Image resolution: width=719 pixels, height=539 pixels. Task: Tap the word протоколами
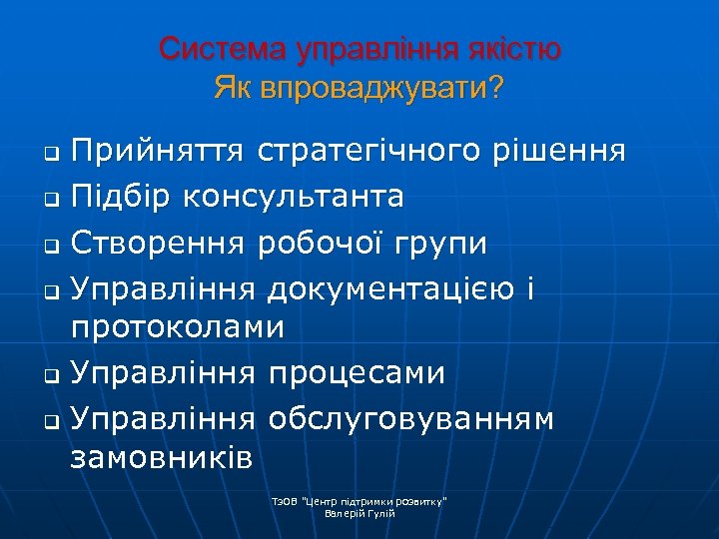coord(177,326)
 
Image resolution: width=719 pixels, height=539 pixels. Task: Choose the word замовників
coord(161,456)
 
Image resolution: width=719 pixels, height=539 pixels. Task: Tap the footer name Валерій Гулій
coord(359,512)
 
